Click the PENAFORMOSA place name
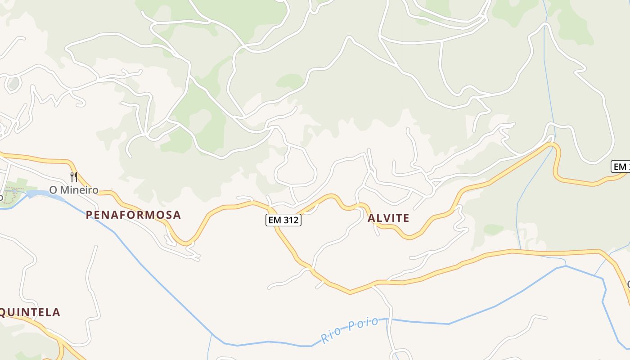pyautogui.click(x=133, y=215)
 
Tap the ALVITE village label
pyautogui.click(x=388, y=219)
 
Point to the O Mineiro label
pyautogui.click(x=73, y=190)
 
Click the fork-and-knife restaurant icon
pyautogui.click(x=74, y=176)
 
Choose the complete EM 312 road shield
pyautogui.click(x=283, y=220)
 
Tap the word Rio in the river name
pyautogui.click(x=330, y=333)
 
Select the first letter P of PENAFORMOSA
pyautogui.click(x=89, y=215)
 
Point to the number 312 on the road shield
pyautogui.click(x=290, y=220)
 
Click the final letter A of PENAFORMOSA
pyautogui.click(x=177, y=215)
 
